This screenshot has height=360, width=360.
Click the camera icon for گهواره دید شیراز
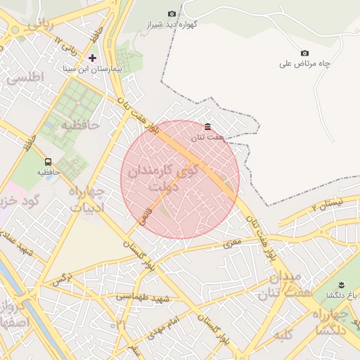(x=172, y=14)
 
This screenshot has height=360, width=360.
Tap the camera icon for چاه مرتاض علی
(x=304, y=53)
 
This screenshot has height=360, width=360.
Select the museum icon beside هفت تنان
(x=207, y=127)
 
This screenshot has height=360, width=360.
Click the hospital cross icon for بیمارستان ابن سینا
(x=92, y=57)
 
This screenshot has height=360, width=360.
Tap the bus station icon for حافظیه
(x=48, y=161)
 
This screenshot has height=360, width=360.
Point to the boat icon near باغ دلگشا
(x=341, y=284)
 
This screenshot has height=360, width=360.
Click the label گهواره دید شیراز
(x=172, y=25)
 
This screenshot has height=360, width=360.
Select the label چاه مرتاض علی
(x=304, y=64)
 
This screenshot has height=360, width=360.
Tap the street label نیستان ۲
(x=325, y=205)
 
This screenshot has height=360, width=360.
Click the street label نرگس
(x=63, y=280)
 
